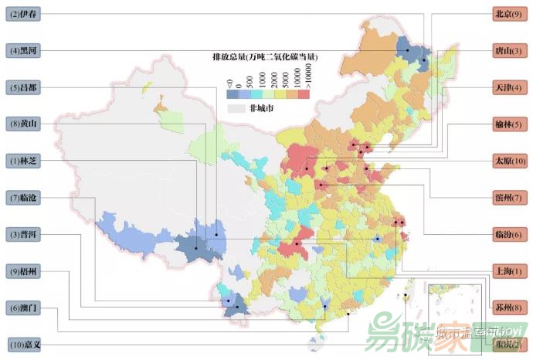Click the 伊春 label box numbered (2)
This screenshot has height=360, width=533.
[25, 14]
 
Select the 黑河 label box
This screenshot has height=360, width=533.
[25, 50]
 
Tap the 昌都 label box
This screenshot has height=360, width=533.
[25, 87]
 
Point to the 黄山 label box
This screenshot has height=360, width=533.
[25, 124]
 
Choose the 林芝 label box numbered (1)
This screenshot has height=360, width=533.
[25, 161]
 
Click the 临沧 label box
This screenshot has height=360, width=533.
[25, 198]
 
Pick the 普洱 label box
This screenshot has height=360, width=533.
[25, 235]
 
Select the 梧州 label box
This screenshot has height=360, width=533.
[25, 271]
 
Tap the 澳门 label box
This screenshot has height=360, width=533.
[25, 308]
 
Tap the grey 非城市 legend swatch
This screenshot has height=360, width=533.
[236, 109]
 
